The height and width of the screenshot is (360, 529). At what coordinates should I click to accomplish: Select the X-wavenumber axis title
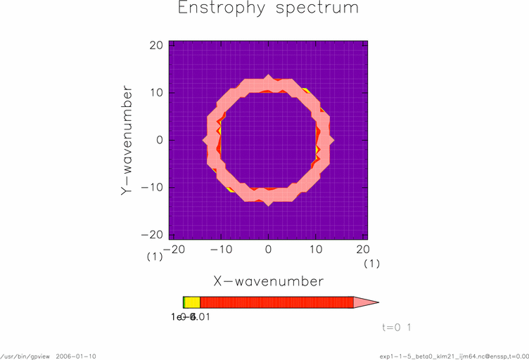point(268,281)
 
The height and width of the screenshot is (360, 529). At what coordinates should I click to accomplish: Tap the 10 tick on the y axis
point(156,92)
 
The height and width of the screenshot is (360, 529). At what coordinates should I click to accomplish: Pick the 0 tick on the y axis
point(160,140)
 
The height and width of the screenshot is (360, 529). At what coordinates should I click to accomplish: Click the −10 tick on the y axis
point(153,187)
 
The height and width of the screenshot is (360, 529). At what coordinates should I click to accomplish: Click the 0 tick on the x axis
point(268,249)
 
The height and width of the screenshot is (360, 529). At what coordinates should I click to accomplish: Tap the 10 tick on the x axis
point(316,249)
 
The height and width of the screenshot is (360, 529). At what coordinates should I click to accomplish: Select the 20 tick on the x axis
point(363,249)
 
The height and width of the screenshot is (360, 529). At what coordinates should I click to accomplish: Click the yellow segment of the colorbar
point(192,302)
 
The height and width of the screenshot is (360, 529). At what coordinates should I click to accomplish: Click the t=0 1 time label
point(396,328)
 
